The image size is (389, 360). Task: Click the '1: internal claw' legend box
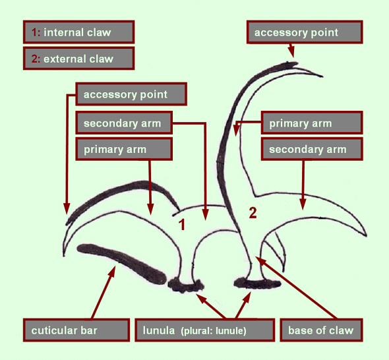[x=79, y=32]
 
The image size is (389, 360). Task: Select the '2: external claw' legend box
[x=79, y=59]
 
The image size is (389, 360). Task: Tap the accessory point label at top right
[x=305, y=32]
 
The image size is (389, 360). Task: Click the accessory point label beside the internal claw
[x=131, y=94]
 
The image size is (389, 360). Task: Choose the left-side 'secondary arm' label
[x=124, y=123]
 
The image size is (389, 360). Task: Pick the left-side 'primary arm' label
[x=124, y=150]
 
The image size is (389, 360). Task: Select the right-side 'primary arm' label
[x=312, y=123]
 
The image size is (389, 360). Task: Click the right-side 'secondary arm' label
[x=312, y=150]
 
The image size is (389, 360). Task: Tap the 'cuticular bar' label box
[x=76, y=330]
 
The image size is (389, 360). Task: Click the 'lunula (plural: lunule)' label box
[x=205, y=330]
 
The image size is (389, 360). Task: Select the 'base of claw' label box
[x=322, y=330]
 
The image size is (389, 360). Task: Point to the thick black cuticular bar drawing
[x=121, y=262]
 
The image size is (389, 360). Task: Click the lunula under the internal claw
[x=186, y=285]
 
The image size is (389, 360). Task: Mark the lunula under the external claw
[x=257, y=284]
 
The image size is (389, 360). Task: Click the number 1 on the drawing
[x=182, y=225]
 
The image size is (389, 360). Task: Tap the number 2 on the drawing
[x=253, y=213]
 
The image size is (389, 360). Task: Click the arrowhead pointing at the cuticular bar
[x=111, y=272]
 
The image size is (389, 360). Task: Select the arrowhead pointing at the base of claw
[x=260, y=261]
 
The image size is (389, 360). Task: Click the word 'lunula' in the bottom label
[x=159, y=330]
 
